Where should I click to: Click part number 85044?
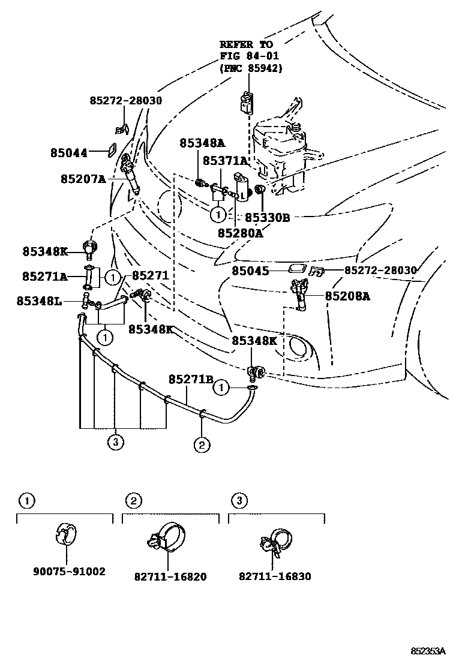68,153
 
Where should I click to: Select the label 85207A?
83,179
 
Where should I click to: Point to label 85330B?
267,218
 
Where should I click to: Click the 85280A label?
240,233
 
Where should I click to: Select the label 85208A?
348,296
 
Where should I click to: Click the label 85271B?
191,379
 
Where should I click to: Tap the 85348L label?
40,300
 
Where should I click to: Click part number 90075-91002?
69,572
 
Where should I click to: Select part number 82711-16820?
171,576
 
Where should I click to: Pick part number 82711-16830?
275,576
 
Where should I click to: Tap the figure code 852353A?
428,651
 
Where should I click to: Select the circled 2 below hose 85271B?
201,444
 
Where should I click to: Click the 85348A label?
202,143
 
